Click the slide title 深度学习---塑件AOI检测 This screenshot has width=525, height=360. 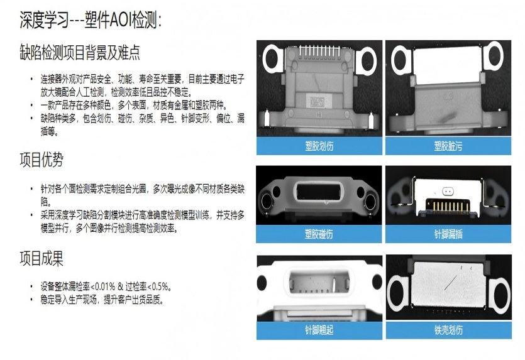pyautogui.click(x=91, y=20)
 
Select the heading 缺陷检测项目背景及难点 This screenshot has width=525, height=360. pyautogui.click(x=80, y=52)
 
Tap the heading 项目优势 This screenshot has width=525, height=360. pyautogui.click(x=41, y=160)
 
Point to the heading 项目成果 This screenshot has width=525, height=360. pyautogui.click(x=41, y=259)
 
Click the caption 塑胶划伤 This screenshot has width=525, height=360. pyautogui.click(x=319, y=146)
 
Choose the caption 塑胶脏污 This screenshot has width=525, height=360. pyautogui.click(x=448, y=146)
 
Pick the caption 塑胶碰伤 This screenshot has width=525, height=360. pyautogui.click(x=319, y=234)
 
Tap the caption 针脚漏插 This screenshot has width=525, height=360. pyautogui.click(x=448, y=234)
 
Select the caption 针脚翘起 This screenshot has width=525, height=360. pyautogui.click(x=319, y=330)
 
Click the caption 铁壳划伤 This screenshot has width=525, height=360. pyautogui.click(x=449, y=330)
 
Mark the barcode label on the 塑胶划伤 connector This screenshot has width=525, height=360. pyautogui.click(x=316, y=101)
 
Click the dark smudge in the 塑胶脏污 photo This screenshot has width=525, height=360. pyautogui.click(x=446, y=117)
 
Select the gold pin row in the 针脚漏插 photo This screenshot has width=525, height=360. pyautogui.click(x=447, y=205)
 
